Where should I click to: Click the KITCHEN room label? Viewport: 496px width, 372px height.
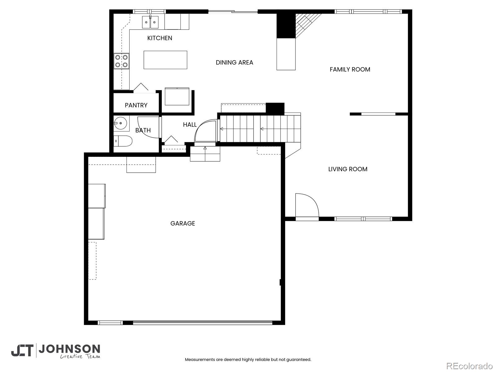tap(160, 38)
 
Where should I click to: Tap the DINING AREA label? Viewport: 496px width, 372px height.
tap(234, 62)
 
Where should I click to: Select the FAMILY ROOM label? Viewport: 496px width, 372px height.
tap(350, 69)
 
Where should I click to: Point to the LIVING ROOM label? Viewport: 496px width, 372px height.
tap(348, 169)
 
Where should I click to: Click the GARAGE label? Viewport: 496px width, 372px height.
tap(183, 224)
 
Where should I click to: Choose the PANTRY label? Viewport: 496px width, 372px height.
tap(136, 105)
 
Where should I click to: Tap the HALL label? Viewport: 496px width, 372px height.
tap(190, 125)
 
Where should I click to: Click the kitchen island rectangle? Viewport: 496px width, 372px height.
tap(166, 60)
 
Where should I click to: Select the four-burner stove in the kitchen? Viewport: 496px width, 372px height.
tap(121, 61)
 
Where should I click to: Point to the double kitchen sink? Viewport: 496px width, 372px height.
tap(150, 22)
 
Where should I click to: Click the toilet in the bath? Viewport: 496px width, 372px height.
tap(122, 141)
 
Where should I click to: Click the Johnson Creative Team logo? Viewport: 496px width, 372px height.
tap(55, 351)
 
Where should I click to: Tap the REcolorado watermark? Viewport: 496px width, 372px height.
tap(470, 366)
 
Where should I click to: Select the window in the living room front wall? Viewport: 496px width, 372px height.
tap(363, 219)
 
